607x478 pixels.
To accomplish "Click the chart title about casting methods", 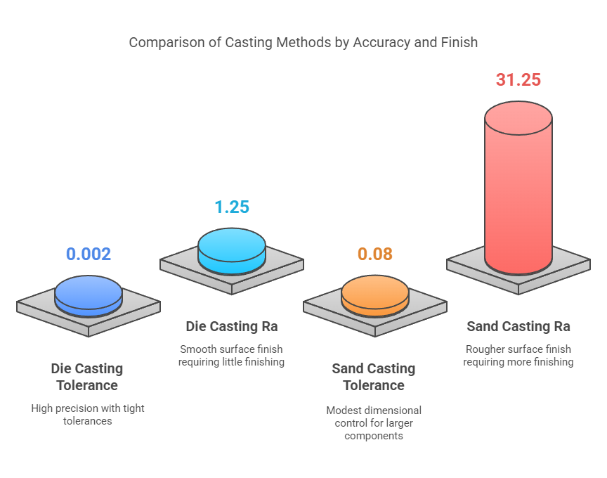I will [x=303, y=42].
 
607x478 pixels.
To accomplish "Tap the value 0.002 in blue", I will [x=89, y=254].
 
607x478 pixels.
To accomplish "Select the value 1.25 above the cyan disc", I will [x=232, y=207].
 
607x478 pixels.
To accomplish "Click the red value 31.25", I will [x=518, y=79].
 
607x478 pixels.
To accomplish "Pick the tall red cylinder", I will [x=518, y=197].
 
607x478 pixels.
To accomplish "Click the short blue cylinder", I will [x=89, y=294].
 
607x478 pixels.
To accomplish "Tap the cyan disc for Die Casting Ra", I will [x=232, y=248].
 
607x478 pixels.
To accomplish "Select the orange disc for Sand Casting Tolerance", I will [x=374, y=294].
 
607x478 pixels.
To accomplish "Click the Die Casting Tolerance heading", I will [x=87, y=377].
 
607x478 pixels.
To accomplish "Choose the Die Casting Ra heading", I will [x=232, y=326].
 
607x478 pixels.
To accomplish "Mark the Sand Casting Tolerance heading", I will [x=374, y=377].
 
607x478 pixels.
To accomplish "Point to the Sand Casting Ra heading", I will [x=518, y=326].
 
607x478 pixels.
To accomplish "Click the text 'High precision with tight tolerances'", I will [x=88, y=414].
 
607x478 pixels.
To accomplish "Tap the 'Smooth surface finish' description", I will [x=232, y=356].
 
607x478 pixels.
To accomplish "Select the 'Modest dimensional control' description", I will [x=374, y=422].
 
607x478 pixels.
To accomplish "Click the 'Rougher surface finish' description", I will [x=518, y=356].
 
